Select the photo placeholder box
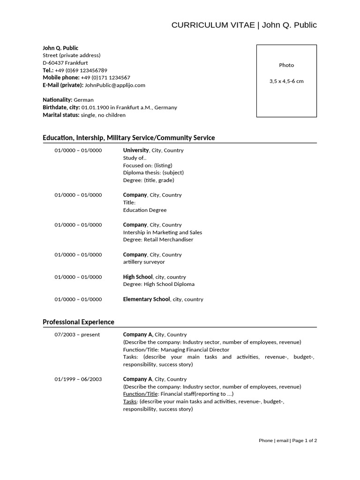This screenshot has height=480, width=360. point(286,81)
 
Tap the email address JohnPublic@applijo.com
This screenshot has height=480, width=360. point(115,85)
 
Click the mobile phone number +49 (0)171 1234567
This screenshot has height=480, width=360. point(105,78)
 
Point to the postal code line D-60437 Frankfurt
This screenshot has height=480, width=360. point(65,63)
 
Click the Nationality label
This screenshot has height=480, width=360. point(57,100)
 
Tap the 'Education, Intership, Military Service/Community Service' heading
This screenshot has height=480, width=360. point(128,138)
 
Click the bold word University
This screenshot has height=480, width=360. point(135,150)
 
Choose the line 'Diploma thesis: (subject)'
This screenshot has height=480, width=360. point(153,172)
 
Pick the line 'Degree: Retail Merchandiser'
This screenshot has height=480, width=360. point(158,240)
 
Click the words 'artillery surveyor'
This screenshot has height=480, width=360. point(144,262)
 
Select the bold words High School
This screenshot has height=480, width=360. point(138,277)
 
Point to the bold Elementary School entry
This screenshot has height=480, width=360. point(146,299)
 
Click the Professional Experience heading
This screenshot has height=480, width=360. point(78,322)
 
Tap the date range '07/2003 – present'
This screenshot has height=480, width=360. point(77,335)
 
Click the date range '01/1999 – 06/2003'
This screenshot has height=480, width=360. point(78,379)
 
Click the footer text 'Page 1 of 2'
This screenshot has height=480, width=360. point(305,441)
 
